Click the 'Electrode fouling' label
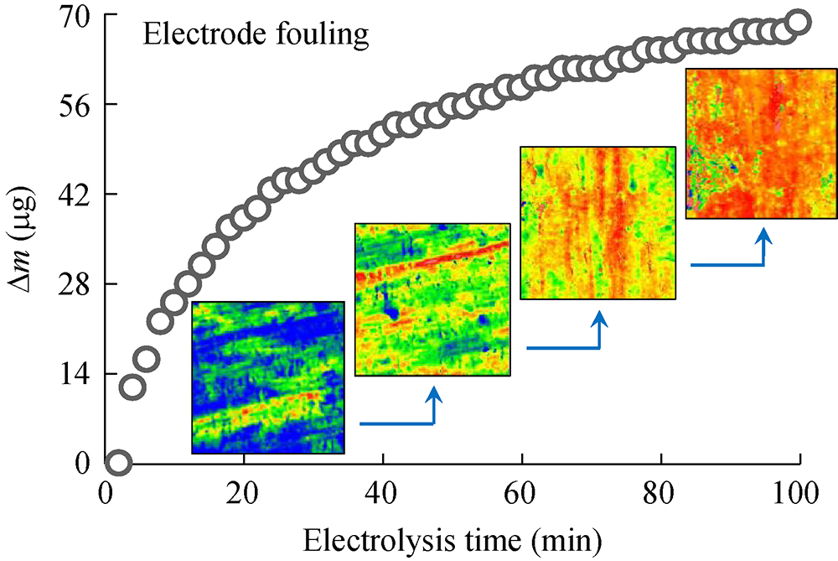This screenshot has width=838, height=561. (x=256, y=34)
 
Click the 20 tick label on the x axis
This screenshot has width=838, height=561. (x=244, y=491)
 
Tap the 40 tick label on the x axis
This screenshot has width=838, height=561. (x=383, y=491)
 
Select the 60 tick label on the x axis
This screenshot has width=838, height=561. (x=522, y=491)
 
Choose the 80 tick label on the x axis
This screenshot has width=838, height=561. (x=661, y=491)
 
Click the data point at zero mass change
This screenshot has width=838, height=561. (x=118, y=462)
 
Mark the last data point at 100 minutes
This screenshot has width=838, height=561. (x=799, y=22)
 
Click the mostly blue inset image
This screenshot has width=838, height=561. (x=268, y=377)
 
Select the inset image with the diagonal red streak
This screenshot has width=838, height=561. (x=432, y=299)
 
